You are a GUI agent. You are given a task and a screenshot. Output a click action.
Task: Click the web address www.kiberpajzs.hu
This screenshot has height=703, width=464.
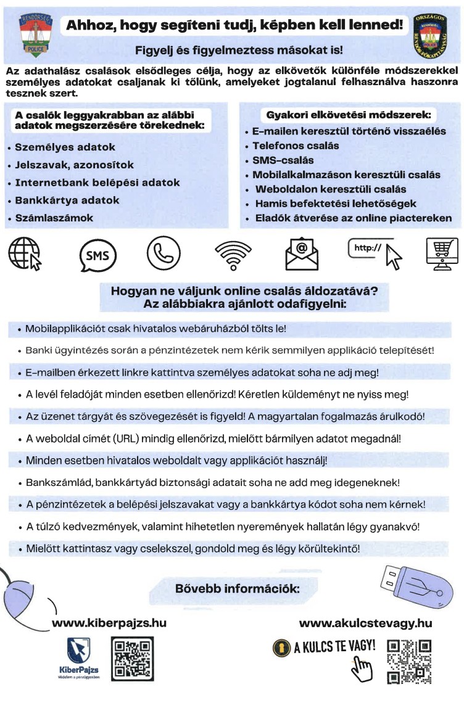point(109,623)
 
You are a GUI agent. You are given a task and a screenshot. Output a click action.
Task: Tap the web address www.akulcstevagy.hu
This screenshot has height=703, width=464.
point(365,623)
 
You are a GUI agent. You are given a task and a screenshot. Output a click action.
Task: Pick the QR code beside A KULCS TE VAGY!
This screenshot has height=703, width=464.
point(408,662)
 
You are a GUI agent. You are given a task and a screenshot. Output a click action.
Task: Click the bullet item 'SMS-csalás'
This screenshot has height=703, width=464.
point(283,160)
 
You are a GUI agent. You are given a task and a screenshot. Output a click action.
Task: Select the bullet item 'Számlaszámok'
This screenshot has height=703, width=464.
point(54,218)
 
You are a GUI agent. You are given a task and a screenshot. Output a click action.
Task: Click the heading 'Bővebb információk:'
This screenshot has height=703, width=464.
point(238,588)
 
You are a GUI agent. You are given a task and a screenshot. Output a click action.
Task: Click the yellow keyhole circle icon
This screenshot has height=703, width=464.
point(281,647)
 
